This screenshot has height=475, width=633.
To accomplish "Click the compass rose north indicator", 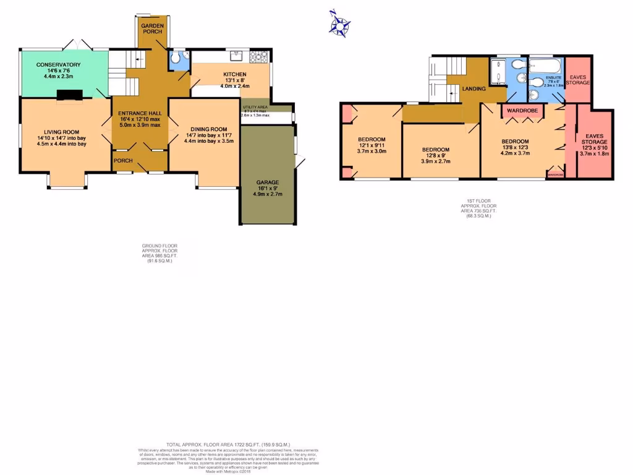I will pos(339,24).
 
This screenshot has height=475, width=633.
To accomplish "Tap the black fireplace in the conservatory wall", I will pos(69,94).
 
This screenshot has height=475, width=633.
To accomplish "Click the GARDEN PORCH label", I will pos(152,28).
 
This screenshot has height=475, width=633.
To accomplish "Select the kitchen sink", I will pos(236,57).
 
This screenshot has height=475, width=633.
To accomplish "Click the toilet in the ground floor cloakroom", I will pos(177,59).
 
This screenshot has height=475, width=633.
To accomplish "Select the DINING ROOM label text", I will pos(204,128).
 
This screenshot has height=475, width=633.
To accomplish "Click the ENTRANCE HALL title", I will pos(140,113).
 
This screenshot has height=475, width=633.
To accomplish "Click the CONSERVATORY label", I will pos(58,64).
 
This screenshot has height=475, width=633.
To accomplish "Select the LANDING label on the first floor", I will pos(474,88).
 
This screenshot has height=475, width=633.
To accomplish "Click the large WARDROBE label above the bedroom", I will pos(522,111).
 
